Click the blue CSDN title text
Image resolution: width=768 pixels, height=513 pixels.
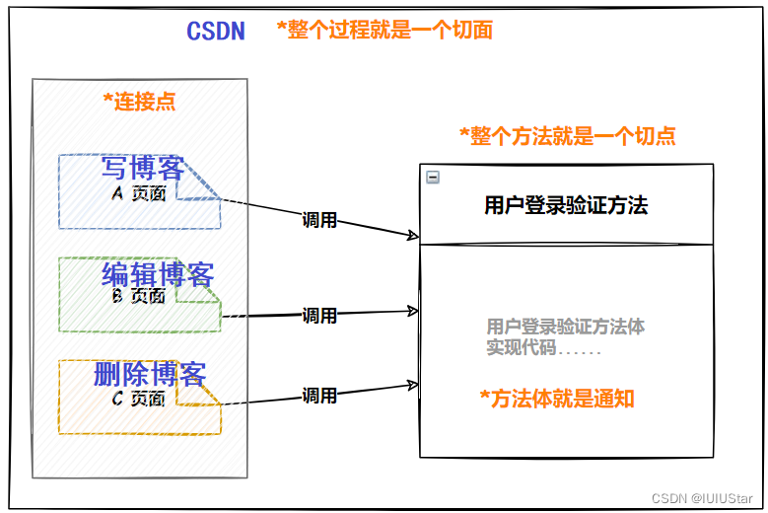coord(216,31)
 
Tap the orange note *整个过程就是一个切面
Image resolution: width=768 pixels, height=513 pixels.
coord(384,31)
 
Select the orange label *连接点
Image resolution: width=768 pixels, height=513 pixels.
coord(139,101)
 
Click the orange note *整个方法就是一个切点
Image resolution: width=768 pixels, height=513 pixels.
coord(568,136)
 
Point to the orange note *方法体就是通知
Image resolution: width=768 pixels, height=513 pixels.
coord(557,399)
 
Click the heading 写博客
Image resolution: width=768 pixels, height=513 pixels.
coord(143,169)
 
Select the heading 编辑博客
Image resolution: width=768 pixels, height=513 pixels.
coord(158,273)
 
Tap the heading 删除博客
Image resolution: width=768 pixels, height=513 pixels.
coord(150,375)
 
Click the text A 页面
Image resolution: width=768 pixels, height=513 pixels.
coord(138,194)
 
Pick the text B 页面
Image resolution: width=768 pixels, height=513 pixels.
coord(138,295)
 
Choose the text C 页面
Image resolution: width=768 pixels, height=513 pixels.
coord(138,399)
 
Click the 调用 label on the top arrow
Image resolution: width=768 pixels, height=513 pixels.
coord(319,220)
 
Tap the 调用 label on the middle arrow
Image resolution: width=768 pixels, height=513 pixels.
coord(319,316)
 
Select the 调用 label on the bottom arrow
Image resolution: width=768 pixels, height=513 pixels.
coord(319,396)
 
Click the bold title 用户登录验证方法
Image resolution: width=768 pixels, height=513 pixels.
coord(566,206)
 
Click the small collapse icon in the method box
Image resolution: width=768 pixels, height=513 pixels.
coord(432,178)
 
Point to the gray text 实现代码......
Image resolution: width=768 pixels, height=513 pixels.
coord(522,348)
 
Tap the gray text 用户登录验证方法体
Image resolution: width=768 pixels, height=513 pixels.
coord(565,327)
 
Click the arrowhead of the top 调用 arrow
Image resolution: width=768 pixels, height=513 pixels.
coord(415,236)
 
